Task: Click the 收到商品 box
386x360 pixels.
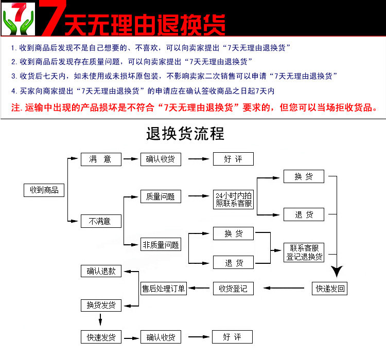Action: pyautogui.click(x=44, y=190)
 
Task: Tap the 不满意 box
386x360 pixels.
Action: pyautogui.click(x=101, y=222)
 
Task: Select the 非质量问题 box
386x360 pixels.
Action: pyautogui.click(x=161, y=245)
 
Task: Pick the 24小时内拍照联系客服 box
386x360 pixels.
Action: pyautogui.click(x=234, y=200)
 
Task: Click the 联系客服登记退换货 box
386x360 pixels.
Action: pyautogui.click(x=305, y=252)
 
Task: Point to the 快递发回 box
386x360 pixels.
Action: pyautogui.click(x=330, y=289)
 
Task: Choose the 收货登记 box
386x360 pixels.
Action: pyautogui.click(x=233, y=289)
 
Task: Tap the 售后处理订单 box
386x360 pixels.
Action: pyautogui.click(x=164, y=289)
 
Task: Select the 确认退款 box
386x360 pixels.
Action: pyautogui.click(x=101, y=271)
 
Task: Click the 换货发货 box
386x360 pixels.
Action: pyautogui.click(x=101, y=305)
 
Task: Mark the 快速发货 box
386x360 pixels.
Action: pyautogui.click(x=101, y=337)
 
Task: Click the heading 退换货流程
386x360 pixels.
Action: pyautogui.click(x=185, y=134)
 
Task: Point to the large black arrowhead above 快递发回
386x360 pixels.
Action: pyautogui.click(x=337, y=272)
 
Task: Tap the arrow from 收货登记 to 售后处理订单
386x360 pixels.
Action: pyautogui.click(x=199, y=289)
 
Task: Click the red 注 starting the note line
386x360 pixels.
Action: pyautogui.click(x=15, y=108)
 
